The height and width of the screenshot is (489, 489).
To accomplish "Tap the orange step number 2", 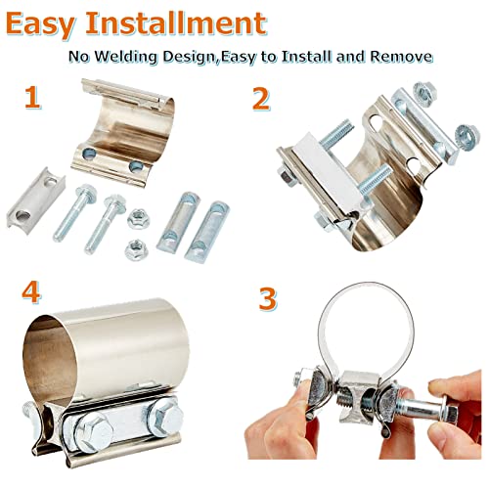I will click(261, 99).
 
